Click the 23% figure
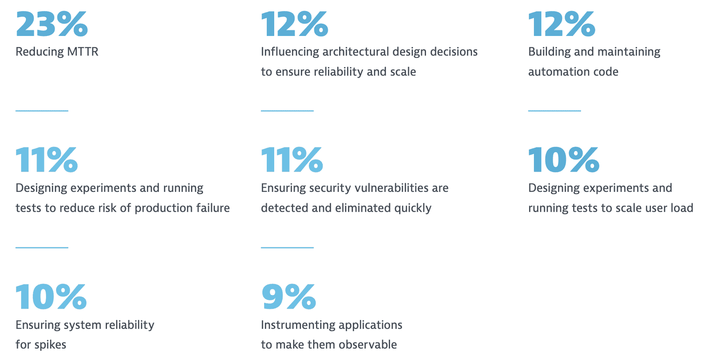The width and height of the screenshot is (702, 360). (x=52, y=24)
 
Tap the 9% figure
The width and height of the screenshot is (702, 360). (x=289, y=297)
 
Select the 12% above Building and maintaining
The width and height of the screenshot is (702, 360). (x=562, y=24)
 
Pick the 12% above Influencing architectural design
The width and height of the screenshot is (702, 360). (x=294, y=24)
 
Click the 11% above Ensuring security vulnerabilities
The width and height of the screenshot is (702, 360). (x=292, y=160)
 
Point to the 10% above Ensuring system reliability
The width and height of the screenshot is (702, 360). (x=51, y=297)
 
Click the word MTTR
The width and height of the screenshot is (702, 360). (x=83, y=52)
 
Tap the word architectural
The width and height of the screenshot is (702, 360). (x=356, y=52)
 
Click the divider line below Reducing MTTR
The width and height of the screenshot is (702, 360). (x=42, y=111)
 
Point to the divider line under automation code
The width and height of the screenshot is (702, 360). (x=555, y=111)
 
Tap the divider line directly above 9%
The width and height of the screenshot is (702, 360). (x=287, y=248)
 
